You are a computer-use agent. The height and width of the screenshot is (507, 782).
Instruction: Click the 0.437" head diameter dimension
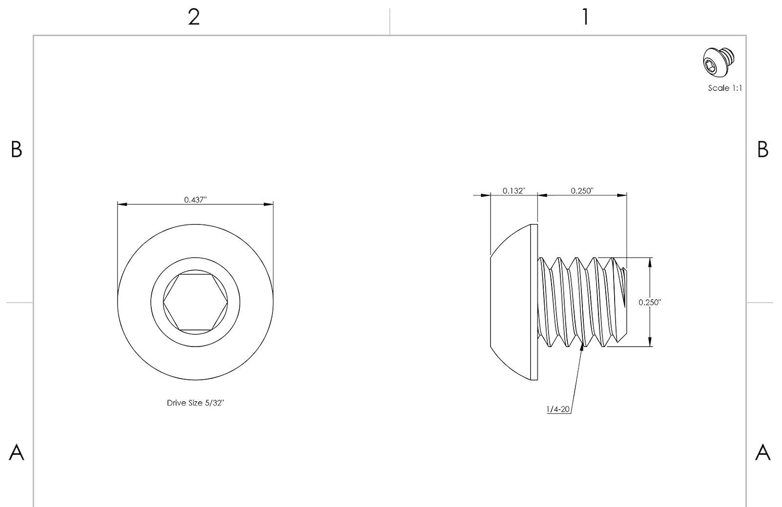195,200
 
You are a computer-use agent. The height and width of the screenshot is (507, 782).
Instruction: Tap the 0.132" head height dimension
514,191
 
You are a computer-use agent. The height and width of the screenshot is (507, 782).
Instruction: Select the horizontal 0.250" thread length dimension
582,191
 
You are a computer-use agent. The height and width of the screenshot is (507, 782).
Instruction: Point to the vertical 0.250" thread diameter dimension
650,303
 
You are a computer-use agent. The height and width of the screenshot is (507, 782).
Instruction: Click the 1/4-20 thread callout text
558,409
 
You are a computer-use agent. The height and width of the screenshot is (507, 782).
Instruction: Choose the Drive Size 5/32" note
195,403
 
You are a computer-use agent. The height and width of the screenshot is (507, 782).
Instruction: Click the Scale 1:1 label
725,88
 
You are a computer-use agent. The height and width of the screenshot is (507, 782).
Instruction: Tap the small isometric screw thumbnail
718,62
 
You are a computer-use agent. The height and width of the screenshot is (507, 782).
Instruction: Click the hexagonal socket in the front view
195,302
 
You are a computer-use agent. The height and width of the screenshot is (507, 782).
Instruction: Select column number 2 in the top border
194,17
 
